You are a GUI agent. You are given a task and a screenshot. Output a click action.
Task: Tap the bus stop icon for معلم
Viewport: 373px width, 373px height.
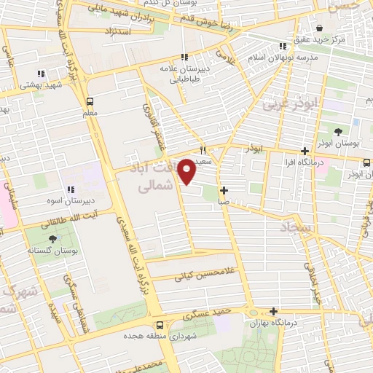click(90, 101)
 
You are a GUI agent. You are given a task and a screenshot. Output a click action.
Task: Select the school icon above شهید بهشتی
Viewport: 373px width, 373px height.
click(40, 73)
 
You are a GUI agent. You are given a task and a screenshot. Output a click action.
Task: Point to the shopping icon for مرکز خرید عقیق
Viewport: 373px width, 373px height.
click(315, 24)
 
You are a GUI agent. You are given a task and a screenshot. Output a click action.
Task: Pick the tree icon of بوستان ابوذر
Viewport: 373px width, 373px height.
click(338, 132)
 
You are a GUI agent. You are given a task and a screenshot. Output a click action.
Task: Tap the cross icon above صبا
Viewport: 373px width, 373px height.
click(224, 190)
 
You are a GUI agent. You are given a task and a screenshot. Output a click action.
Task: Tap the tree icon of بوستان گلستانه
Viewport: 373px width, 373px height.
click(52, 239)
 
